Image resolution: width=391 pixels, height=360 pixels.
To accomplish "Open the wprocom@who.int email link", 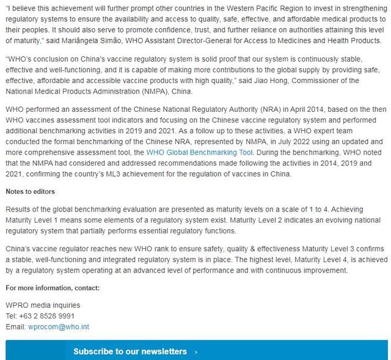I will (x=59, y=326).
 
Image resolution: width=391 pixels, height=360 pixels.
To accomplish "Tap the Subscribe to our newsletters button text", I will (x=130, y=351).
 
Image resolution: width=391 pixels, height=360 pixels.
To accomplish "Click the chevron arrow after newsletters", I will (x=195, y=351).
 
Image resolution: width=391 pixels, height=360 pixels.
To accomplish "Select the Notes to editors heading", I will (x=30, y=191).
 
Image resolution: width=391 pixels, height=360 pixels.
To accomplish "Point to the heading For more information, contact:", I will (x=52, y=287).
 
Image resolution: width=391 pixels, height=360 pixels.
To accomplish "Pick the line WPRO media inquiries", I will (x=43, y=304).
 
